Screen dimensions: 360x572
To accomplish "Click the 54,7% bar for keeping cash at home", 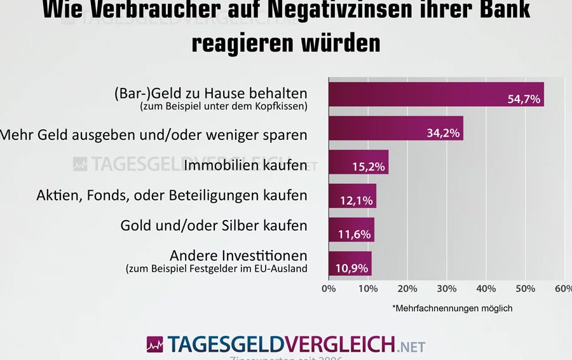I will (435, 94).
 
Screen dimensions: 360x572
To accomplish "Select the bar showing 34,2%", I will (395, 128).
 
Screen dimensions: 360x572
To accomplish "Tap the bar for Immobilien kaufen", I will (358, 162).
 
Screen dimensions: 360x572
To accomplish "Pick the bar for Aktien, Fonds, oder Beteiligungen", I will (352, 196).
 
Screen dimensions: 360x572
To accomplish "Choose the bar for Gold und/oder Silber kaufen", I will (351, 230).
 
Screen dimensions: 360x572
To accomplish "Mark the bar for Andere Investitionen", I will (350, 263).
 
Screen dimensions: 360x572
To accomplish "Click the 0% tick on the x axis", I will (329, 289).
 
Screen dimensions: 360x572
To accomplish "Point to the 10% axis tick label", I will (368, 289).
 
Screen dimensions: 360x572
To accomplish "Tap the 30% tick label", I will (447, 289).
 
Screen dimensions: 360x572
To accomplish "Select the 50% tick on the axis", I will (526, 289).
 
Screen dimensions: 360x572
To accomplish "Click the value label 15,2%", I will (368, 167).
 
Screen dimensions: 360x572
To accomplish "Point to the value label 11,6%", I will (354, 235).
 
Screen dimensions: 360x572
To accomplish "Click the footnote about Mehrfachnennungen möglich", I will (452, 308).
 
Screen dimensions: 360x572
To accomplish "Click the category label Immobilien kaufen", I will (245, 165).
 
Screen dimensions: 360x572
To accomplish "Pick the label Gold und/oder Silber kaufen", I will (214, 225).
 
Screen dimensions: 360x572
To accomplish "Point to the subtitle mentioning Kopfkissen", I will (223, 106).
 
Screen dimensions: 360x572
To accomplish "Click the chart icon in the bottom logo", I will (155, 345).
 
